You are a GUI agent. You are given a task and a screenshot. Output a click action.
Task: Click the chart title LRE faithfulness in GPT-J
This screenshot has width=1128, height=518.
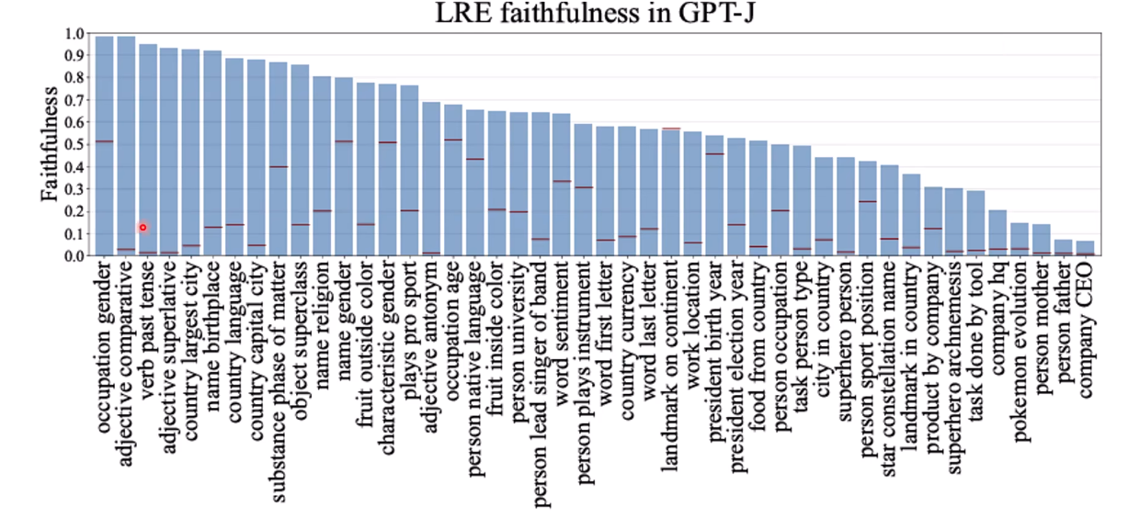(595, 13)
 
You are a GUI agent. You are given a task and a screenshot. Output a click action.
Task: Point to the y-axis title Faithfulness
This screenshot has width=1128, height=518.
(50, 144)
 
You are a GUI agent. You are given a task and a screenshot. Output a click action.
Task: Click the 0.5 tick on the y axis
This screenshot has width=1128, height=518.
(74, 145)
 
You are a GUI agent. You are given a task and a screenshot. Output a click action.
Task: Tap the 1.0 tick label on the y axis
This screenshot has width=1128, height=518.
(74, 34)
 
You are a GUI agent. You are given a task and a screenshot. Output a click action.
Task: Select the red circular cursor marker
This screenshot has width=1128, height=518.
(143, 228)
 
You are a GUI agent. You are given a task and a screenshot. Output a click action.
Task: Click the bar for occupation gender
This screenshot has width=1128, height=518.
(104, 146)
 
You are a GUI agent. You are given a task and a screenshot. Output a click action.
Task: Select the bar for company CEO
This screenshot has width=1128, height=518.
(1085, 249)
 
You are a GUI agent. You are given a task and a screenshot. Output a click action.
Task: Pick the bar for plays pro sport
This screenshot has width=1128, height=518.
(409, 171)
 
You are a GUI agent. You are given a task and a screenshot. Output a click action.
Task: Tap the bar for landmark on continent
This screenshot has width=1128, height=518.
(671, 192)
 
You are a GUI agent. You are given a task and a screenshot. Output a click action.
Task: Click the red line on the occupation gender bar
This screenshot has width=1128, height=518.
(104, 141)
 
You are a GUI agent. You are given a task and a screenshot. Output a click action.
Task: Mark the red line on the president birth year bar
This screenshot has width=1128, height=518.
(714, 154)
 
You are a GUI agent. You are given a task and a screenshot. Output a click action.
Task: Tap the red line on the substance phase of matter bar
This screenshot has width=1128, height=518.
(279, 167)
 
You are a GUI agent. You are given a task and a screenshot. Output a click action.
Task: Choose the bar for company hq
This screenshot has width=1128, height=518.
(997, 233)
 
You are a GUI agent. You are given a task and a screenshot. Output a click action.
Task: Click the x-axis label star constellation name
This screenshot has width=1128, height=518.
(889, 368)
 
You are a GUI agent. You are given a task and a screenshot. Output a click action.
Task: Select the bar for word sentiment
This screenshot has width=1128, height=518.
(562, 185)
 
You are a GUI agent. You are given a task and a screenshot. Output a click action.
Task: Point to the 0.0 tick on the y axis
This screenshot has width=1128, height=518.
(74, 256)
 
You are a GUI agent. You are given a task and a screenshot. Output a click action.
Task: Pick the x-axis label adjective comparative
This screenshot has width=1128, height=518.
(126, 364)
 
